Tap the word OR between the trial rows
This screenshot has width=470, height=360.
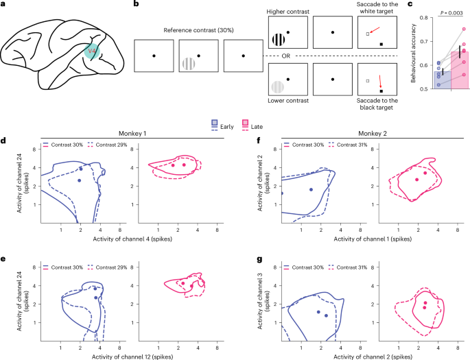(331, 56)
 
